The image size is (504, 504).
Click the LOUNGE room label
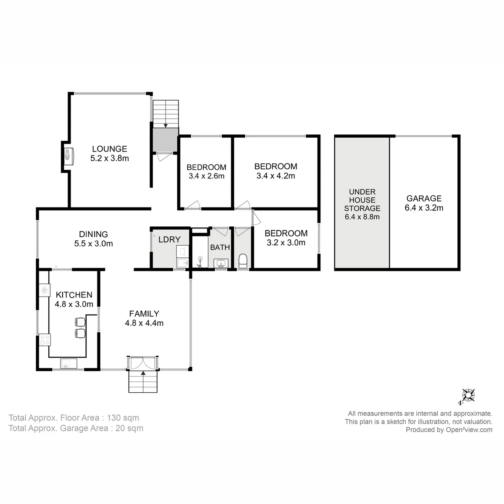click(x=109, y=149)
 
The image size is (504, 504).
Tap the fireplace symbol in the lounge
click(x=69, y=157)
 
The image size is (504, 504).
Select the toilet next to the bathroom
click(x=242, y=261)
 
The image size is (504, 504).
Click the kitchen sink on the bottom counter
click(x=69, y=364)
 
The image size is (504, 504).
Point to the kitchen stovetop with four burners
click(x=45, y=340)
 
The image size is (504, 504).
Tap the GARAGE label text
click(x=424, y=199)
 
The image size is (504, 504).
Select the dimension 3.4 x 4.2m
click(x=276, y=176)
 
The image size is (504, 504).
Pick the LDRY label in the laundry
click(x=170, y=239)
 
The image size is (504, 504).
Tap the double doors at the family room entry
click(x=143, y=363)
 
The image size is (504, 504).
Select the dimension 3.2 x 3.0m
click(x=286, y=243)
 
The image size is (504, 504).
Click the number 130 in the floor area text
click(x=114, y=417)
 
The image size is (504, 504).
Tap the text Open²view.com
click(x=469, y=430)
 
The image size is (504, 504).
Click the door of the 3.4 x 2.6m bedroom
click(x=193, y=205)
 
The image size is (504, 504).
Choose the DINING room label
click(x=93, y=234)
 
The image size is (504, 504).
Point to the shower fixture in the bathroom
click(x=200, y=262)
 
